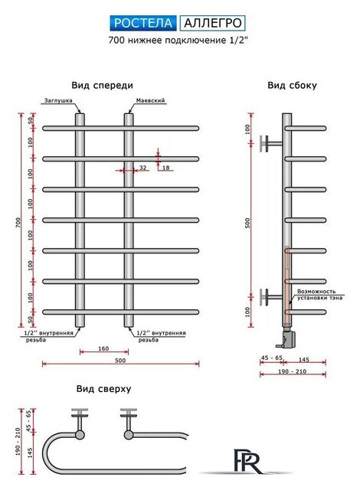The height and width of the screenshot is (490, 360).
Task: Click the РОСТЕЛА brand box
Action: coord(143,23)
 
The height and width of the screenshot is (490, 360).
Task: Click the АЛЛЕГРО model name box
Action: coord(212,23)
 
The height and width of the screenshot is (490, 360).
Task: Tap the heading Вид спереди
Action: coord(102,85)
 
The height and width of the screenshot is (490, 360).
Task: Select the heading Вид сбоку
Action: coord(292,85)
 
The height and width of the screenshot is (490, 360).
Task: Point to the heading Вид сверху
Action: coord(103,389)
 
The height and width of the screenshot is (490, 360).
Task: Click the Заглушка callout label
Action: coord(58,100)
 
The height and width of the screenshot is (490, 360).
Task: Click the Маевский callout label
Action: coord(150,100)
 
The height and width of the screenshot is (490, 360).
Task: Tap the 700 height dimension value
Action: coord(18,222)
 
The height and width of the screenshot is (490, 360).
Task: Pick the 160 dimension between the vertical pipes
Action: coord(103,348)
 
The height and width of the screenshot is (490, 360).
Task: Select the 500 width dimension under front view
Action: coord(120,361)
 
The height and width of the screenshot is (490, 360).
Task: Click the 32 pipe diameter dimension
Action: coord(142,168)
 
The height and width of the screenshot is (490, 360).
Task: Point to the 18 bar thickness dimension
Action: coord(166,168)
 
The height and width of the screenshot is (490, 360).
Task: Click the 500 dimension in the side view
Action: coord(248,223)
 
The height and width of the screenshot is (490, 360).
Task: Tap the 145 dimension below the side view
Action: coord(304,360)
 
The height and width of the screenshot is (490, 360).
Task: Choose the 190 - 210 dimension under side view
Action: coord(293,371)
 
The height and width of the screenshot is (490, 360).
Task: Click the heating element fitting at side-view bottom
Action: coord(287,337)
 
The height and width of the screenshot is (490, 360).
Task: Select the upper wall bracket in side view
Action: coord(271,144)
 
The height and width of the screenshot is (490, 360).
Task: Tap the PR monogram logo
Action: coord(247,461)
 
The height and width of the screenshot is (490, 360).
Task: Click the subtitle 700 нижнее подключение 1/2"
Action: coord(178,41)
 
